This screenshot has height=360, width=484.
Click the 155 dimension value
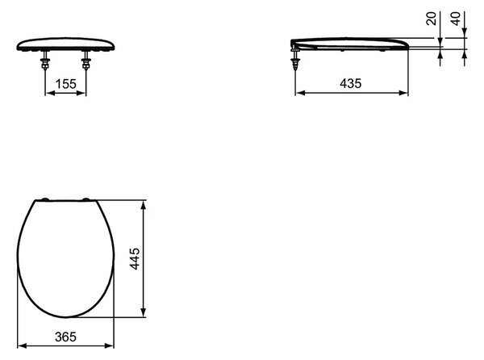pyautogui.click(x=65, y=84)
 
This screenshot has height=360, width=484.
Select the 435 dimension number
pyautogui.click(x=350, y=83)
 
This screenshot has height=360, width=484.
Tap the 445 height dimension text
pyautogui.click(x=135, y=259)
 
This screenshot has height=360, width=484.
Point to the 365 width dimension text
pyautogui.click(x=65, y=337)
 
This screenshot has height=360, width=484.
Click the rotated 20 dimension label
pyautogui.click(x=432, y=19)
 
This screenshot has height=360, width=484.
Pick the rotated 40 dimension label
pyautogui.click(x=456, y=19)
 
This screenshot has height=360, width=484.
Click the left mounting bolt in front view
pyautogui.click(x=45, y=61)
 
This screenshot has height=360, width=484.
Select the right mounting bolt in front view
pyautogui.click(x=86, y=61)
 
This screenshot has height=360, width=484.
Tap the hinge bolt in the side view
pyautogui.click(x=296, y=59)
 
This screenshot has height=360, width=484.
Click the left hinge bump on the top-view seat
pyautogui.click(x=45, y=199)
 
